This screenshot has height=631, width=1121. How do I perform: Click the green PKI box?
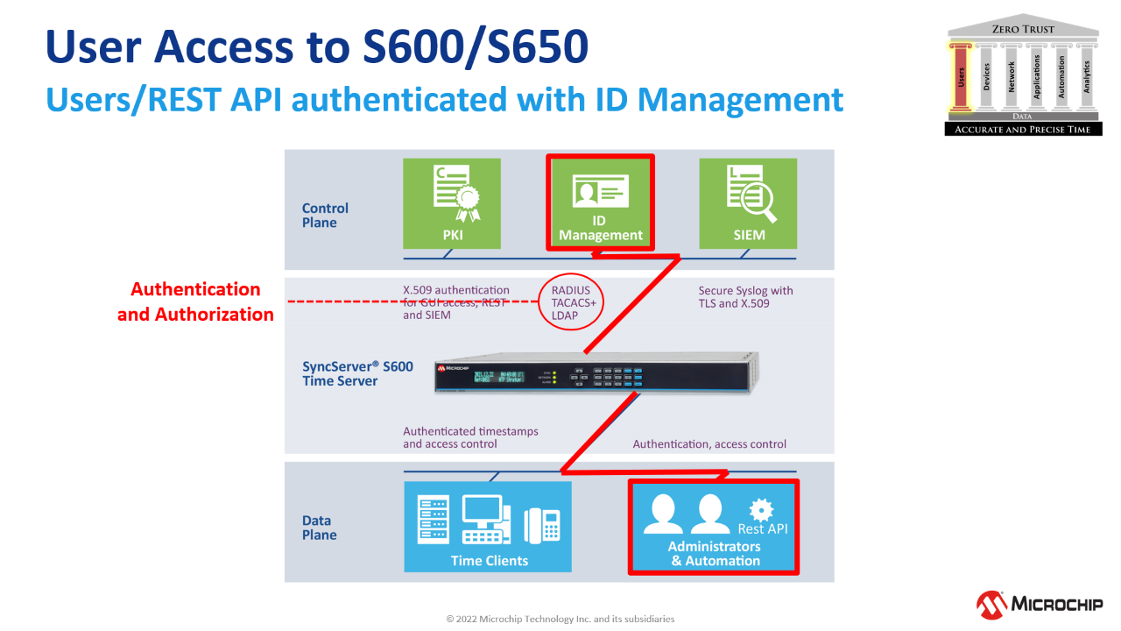451,202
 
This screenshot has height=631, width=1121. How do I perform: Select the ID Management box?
600,202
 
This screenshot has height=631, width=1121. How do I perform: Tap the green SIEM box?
748,202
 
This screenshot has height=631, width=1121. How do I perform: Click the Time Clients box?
489,526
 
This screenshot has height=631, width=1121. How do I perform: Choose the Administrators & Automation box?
714,527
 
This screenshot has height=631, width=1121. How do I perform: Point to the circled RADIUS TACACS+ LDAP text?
571,303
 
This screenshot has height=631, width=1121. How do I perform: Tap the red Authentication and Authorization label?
196,301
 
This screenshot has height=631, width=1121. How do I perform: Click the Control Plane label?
325,216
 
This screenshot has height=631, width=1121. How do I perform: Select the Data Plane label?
319,528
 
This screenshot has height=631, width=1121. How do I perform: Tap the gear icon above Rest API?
761,508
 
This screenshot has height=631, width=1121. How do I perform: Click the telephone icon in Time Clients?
542,525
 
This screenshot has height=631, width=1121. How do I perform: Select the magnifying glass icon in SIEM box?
759,204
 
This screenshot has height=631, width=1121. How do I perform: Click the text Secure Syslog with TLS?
745,297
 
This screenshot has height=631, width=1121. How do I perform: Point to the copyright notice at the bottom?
560,619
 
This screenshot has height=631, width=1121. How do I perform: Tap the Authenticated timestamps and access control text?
470,437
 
